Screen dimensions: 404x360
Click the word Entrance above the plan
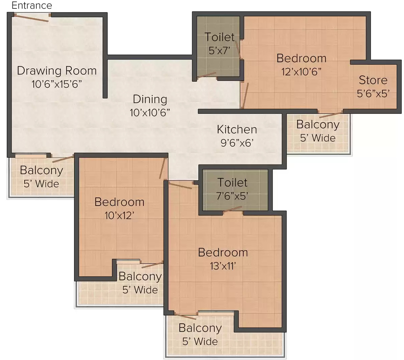(32, 5)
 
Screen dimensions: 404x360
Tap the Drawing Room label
(57, 71)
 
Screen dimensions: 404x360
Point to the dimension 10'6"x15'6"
(57, 84)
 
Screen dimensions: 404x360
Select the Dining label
(150, 99)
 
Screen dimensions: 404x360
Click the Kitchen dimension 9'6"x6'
(237, 143)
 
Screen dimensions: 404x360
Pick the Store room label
(373, 80)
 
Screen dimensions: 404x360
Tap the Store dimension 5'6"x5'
(373, 94)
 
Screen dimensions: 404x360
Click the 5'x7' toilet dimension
(220, 50)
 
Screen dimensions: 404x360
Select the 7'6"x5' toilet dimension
(232, 196)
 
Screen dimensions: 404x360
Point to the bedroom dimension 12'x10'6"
(301, 72)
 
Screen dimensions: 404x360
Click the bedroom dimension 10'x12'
(120, 215)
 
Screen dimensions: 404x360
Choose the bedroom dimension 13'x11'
(223, 266)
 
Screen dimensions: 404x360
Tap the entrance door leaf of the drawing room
(32, 18)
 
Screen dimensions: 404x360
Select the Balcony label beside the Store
(318, 125)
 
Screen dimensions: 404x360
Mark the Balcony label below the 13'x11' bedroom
(200, 328)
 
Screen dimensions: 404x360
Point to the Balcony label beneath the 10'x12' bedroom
(140, 277)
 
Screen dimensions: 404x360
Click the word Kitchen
(237, 130)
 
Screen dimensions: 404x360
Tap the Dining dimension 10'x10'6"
(150, 113)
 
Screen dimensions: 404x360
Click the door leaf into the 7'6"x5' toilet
(232, 209)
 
